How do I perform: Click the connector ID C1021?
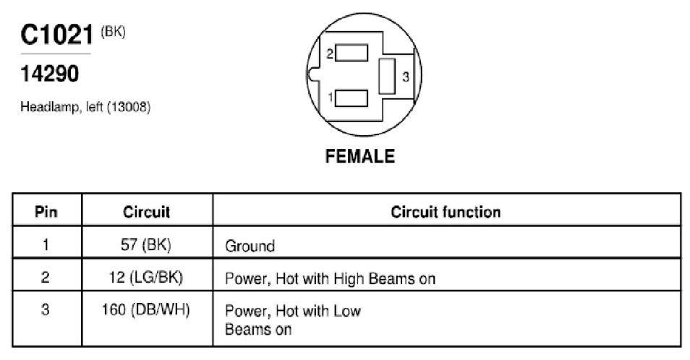click(x=56, y=34)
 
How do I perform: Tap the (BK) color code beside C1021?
click(x=113, y=32)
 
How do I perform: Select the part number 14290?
click(x=50, y=74)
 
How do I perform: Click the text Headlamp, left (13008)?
click(x=85, y=107)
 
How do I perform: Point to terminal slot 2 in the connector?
click(x=352, y=53)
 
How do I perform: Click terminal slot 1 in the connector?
click(x=352, y=98)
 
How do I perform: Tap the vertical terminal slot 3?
click(x=387, y=76)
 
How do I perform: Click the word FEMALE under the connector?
click(x=360, y=156)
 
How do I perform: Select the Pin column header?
click(x=46, y=211)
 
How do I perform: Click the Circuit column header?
click(x=147, y=212)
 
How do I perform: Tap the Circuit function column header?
click(x=446, y=212)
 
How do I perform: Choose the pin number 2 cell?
click(x=46, y=277)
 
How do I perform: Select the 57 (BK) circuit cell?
click(x=146, y=244)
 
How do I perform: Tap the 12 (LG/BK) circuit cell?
click(x=145, y=278)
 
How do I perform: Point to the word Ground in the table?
click(x=250, y=246)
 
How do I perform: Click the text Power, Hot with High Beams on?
click(x=330, y=279)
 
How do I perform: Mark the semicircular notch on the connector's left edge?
click(x=312, y=74)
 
